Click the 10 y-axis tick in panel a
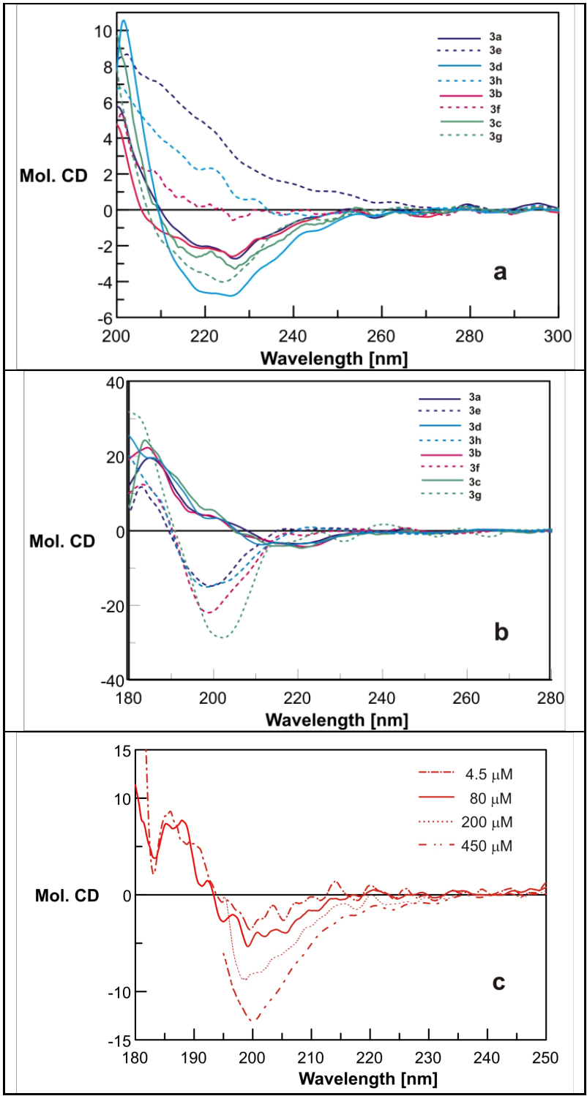pos(102,31)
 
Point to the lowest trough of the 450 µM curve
pos(253,1021)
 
